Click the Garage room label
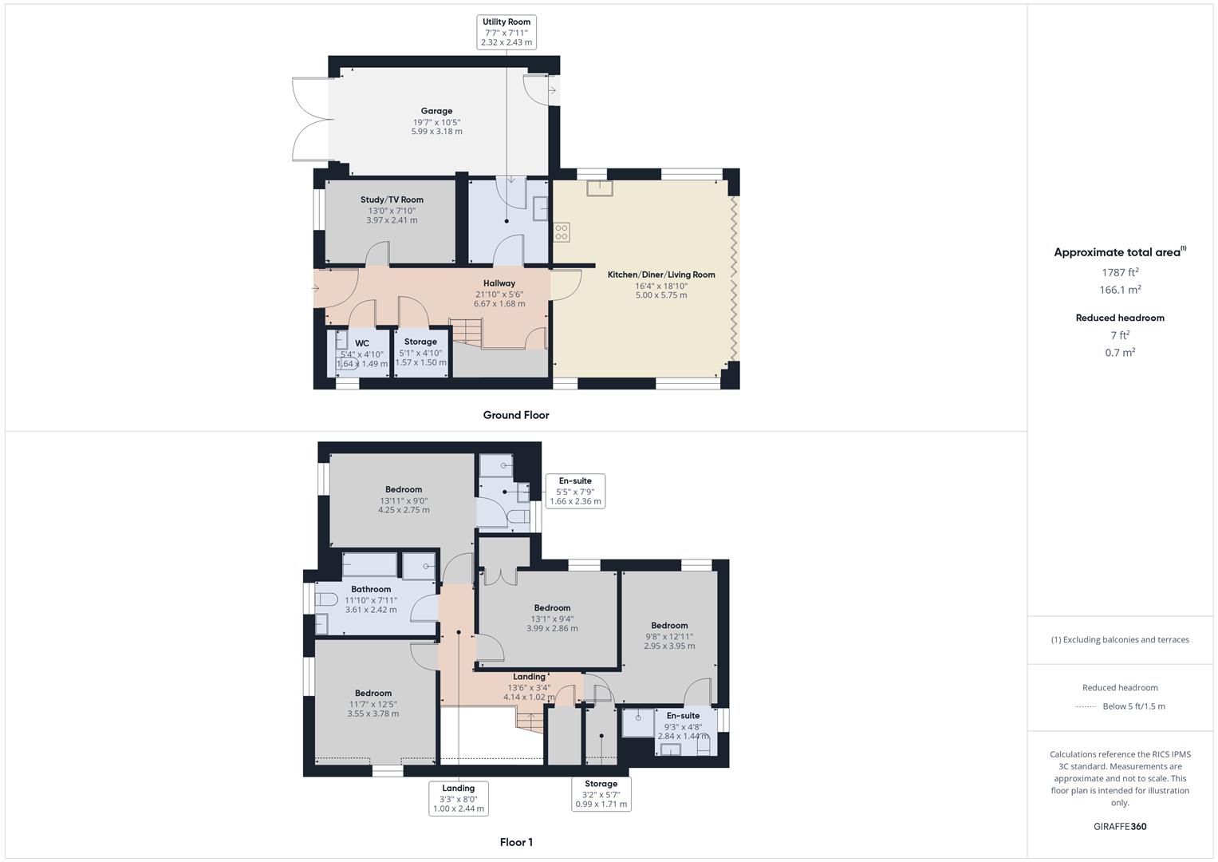[436, 112]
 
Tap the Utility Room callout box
[507, 32]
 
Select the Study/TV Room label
[392, 200]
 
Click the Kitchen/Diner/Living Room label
[661, 275]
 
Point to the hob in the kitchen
[562, 232]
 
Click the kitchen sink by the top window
[599, 188]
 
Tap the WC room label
[361, 344]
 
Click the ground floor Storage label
[420, 342]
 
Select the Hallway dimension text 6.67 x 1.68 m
[499, 304]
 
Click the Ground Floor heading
[516, 415]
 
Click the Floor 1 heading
[516, 842]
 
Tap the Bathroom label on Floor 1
[371, 590]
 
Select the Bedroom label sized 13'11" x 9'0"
[404, 490]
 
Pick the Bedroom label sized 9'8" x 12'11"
[669, 626]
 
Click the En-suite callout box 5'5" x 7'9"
[575, 491]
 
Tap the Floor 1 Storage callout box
[601, 794]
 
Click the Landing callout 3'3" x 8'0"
[458, 798]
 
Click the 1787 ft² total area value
[1120, 273]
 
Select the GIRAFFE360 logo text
[1120, 827]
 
